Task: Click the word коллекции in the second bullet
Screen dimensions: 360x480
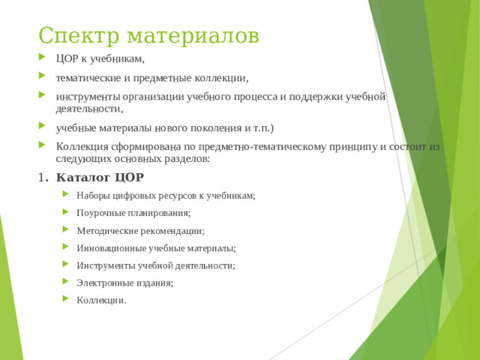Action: click(223, 77)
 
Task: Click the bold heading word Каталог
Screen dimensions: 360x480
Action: click(82, 178)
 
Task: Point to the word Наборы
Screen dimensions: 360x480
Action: click(91, 196)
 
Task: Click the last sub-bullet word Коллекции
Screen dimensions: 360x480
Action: click(100, 301)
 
